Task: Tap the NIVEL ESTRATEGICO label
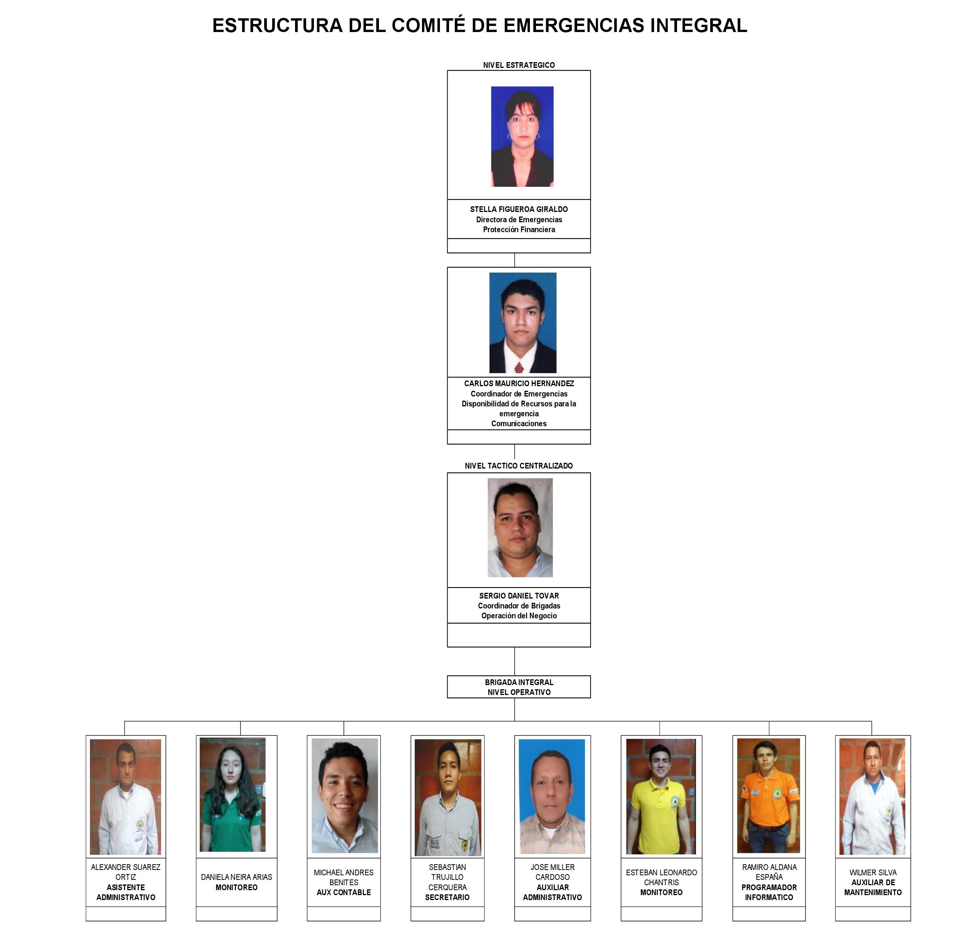(x=518, y=65)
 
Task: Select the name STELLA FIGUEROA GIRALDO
(x=518, y=209)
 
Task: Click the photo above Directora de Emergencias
(x=522, y=136)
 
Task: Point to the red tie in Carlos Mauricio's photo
(x=518, y=367)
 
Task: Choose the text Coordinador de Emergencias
(x=518, y=394)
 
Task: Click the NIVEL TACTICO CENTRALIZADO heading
(x=518, y=466)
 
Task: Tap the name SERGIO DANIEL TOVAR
(x=518, y=596)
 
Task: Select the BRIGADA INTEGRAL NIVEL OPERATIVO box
(x=518, y=687)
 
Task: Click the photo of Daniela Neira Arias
(x=233, y=794)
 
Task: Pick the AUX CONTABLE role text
(x=343, y=892)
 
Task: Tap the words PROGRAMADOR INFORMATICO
(x=769, y=892)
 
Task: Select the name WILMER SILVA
(x=873, y=872)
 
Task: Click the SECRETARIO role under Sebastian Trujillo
(x=447, y=897)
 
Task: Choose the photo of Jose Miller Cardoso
(x=552, y=796)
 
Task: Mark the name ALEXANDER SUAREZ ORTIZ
(x=126, y=872)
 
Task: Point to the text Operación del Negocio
(x=518, y=616)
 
